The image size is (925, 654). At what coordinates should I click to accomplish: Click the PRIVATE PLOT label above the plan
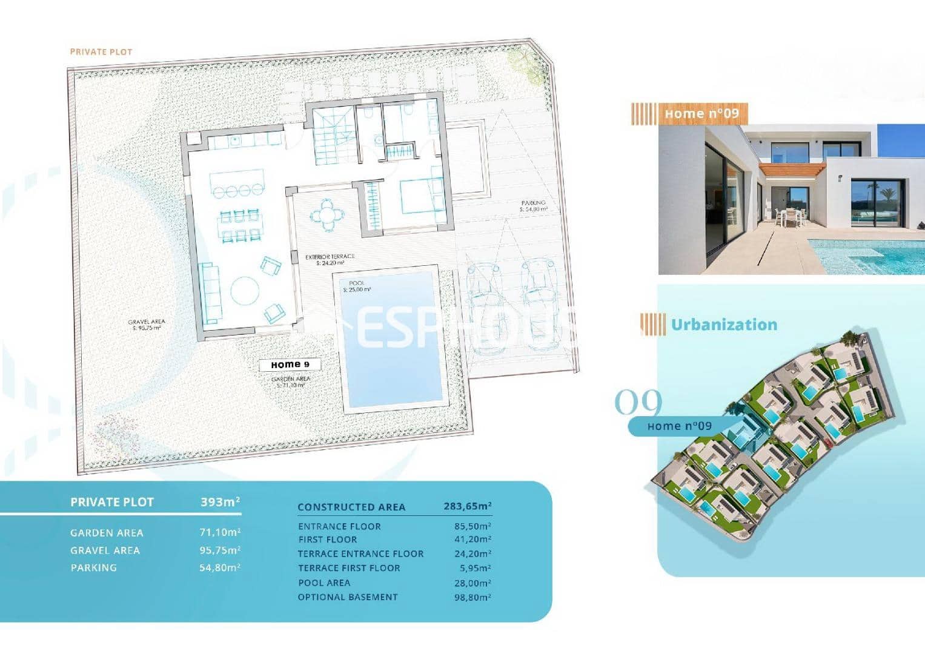point(101,52)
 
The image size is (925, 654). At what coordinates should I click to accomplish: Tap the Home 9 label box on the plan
point(290,365)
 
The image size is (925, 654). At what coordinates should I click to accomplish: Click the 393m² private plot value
point(220,502)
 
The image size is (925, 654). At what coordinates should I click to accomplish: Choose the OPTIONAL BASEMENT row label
point(348,597)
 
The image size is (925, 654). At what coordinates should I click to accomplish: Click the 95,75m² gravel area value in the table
point(220,550)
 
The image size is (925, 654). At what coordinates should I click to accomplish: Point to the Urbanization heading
point(724,325)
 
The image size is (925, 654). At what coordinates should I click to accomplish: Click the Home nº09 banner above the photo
point(701,114)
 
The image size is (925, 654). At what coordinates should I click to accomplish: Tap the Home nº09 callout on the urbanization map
point(679,426)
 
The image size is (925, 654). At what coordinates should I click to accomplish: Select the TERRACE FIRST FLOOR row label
point(349,568)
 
